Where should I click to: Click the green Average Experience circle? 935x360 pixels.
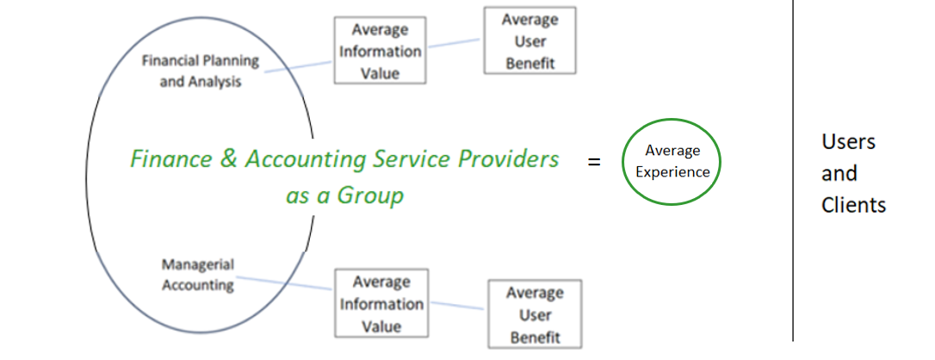point(672,162)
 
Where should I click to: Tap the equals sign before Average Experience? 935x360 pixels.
point(594,161)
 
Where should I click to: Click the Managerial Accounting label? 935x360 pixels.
point(197,274)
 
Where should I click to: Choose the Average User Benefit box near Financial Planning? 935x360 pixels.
point(529,40)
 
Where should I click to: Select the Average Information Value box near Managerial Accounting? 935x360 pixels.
point(381,304)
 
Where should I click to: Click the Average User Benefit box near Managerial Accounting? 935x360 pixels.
point(535,314)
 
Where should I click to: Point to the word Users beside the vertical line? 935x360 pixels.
point(848,141)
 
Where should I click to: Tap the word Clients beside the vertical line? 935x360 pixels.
point(853,205)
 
